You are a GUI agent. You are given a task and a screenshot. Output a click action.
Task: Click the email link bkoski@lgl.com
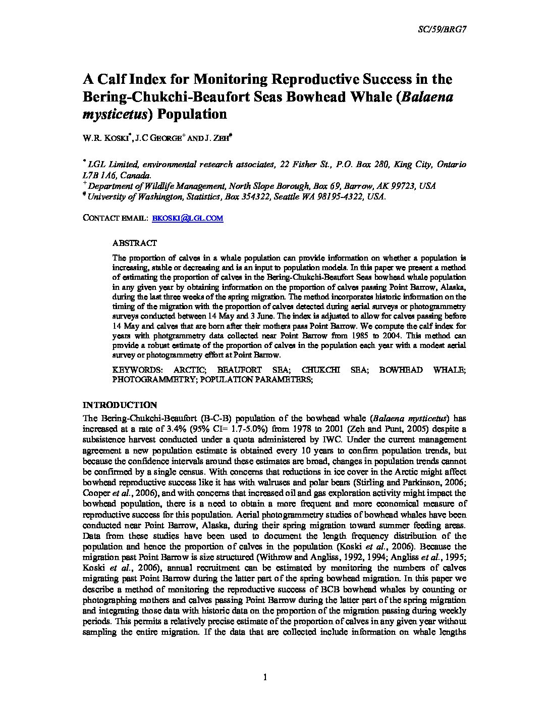pyautogui.click(x=187, y=218)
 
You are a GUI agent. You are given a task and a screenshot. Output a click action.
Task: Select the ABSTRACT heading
pyautogui.click(x=134, y=243)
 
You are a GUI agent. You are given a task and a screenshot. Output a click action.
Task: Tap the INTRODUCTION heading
pyautogui.click(x=120, y=405)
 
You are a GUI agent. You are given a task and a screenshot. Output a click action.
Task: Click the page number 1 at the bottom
pyautogui.click(x=264, y=677)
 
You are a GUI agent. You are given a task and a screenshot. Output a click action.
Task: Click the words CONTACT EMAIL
pyautogui.click(x=114, y=218)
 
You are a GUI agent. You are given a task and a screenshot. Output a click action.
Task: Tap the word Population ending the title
pyautogui.click(x=192, y=114)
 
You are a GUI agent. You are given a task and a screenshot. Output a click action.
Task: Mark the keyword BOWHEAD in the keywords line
pyautogui.click(x=401, y=370)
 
